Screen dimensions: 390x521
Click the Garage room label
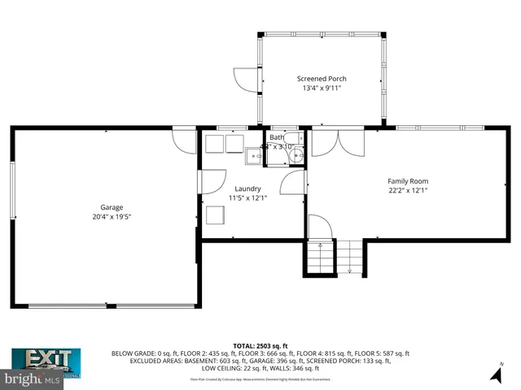(x=106, y=207)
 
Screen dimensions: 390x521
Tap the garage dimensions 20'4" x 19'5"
(x=106, y=217)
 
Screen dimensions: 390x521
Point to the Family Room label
(x=407, y=181)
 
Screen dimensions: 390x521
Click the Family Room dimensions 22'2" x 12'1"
(x=407, y=191)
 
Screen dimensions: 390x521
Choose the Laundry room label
(x=247, y=188)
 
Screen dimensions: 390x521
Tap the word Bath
(x=278, y=137)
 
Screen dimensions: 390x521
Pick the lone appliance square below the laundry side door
(x=216, y=215)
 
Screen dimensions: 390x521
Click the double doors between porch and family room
(x=339, y=143)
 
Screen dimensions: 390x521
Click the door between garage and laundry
(x=212, y=181)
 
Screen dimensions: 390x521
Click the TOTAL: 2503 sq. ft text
(x=260, y=345)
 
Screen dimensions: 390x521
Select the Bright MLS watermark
(x=33, y=379)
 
